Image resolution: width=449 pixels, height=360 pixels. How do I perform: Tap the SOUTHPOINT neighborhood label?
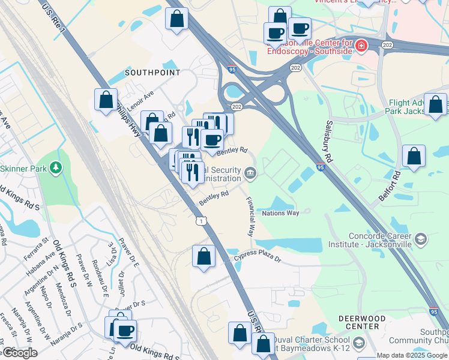(x=152, y=73)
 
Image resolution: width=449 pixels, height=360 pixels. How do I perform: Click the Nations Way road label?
(x=280, y=213)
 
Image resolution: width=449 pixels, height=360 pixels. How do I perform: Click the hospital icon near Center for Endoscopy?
(x=361, y=45)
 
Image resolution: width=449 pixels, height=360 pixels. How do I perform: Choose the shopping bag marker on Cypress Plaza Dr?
(x=204, y=256)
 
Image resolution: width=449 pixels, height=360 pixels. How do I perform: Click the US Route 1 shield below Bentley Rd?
(x=201, y=221)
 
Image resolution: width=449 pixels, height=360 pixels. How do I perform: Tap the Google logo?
(x=20, y=352)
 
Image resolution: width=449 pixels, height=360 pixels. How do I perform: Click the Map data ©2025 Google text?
(x=412, y=355)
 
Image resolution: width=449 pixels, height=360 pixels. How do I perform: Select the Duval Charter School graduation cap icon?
(x=359, y=343)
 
